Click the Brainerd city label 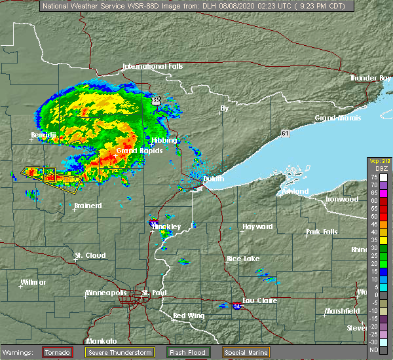click(88, 206)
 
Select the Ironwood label click(342, 199)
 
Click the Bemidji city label click(44, 135)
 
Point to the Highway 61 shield click(285, 134)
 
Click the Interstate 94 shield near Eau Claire click(236, 305)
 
